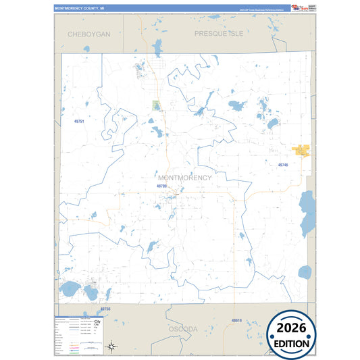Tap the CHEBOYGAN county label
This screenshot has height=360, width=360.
coord(88,33)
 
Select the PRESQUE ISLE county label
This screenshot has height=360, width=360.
coord(218,33)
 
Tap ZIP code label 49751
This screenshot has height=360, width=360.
coord(79,121)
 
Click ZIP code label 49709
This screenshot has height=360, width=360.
coord(161,185)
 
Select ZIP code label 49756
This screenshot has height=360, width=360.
coord(105,309)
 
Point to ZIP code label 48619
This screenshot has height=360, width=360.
coord(236,319)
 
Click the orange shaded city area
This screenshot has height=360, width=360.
coord(300,151)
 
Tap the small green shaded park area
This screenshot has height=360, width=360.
coord(156,105)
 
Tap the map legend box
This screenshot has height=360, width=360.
coord(78,335)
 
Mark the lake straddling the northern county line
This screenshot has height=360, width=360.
coord(157,49)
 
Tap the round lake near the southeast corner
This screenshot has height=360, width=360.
coord(305,272)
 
